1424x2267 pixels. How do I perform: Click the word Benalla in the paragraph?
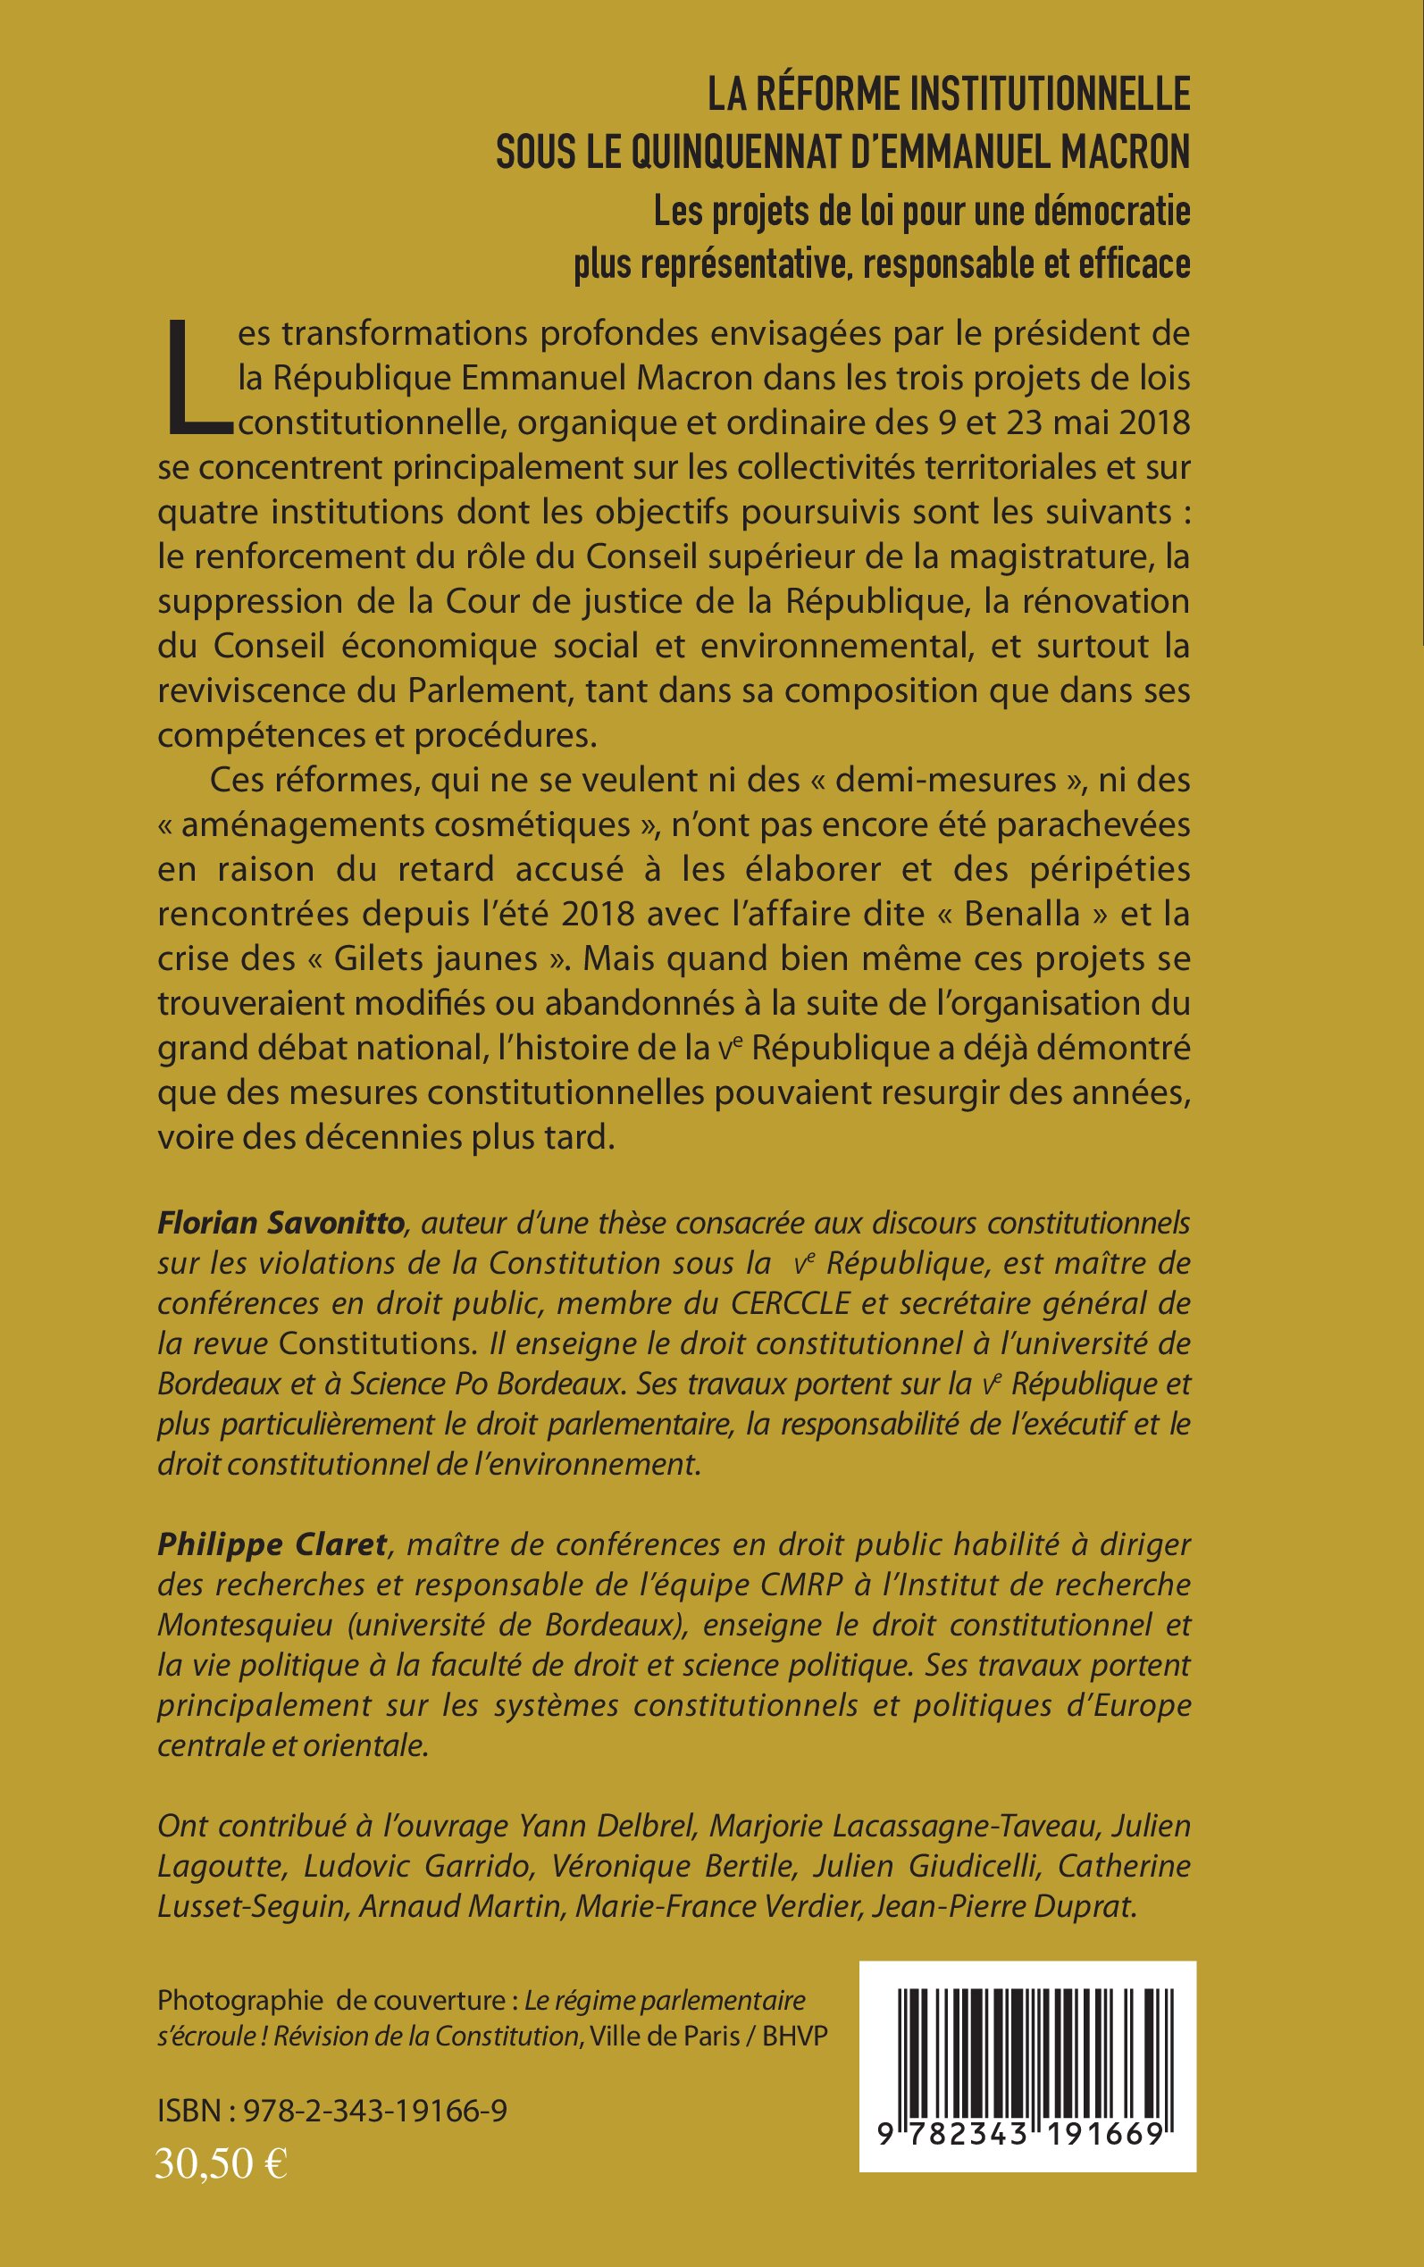[1022, 913]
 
